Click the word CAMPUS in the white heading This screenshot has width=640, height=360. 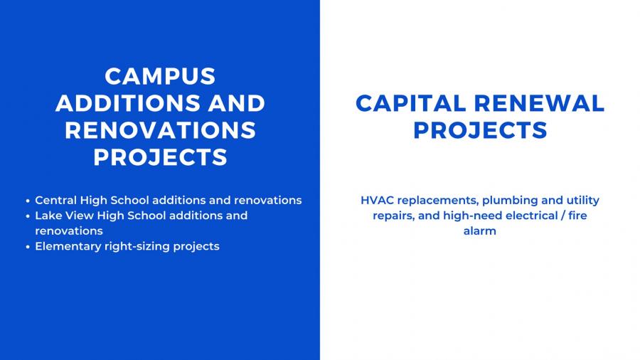(x=160, y=76)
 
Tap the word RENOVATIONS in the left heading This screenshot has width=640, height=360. (x=161, y=130)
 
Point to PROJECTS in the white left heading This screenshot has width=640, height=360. (x=161, y=157)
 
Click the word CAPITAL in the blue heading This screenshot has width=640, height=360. (x=410, y=103)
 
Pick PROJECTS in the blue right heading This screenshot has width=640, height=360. (x=480, y=130)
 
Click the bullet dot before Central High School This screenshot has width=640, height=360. (x=28, y=201)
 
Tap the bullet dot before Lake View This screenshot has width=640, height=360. (x=28, y=216)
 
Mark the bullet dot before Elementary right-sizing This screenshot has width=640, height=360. (x=28, y=247)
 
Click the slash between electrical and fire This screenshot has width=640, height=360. (x=562, y=216)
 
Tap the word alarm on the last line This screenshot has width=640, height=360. (x=480, y=231)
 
